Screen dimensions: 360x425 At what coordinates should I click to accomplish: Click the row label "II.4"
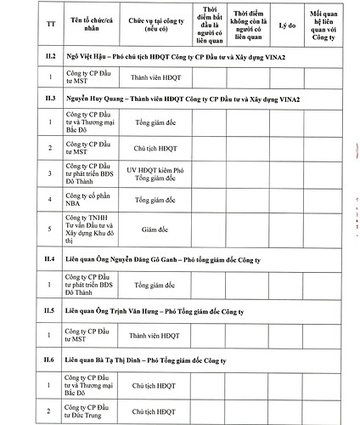click(50, 257)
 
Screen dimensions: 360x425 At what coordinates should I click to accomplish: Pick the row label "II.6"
click(50, 360)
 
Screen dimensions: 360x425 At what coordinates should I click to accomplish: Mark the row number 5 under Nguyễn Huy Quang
click(50, 228)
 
